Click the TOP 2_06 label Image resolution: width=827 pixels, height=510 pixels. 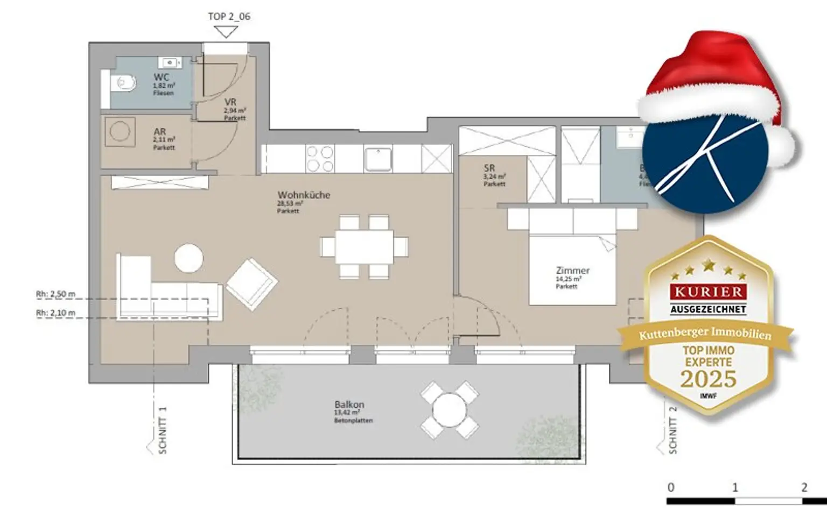click(229, 16)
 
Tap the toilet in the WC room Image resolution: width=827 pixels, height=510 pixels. click(122, 84)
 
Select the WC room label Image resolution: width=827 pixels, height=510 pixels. click(162, 77)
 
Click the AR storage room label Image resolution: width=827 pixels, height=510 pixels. click(160, 132)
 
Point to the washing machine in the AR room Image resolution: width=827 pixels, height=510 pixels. click(119, 131)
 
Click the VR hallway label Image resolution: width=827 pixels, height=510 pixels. click(230, 102)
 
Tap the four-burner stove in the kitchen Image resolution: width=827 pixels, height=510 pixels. click(320, 159)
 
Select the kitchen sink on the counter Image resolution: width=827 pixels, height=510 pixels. click(378, 159)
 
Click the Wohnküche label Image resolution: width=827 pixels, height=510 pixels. click(304, 195)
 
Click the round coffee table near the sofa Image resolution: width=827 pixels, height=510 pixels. click(189, 258)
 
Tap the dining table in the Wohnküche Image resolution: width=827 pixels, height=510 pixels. click(364, 247)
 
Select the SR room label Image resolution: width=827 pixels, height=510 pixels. click(489, 168)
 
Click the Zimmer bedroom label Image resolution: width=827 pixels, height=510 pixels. click(572, 271)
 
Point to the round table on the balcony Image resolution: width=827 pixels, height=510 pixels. click(449, 410)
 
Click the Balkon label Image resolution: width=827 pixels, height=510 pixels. click(349, 404)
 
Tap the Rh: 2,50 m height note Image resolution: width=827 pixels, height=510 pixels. click(55, 294)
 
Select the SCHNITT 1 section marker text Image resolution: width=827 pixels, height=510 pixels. click(163, 430)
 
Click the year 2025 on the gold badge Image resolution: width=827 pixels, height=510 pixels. click(708, 379)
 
